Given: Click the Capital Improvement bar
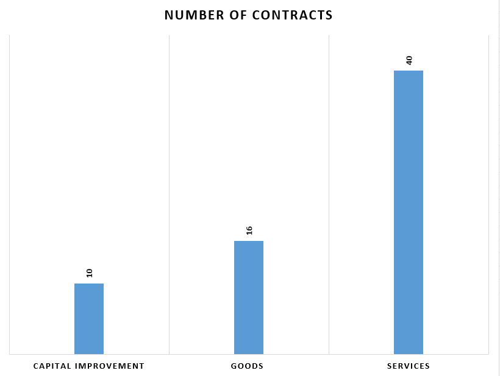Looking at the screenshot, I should [89, 318].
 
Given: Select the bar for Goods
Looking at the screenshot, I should [249, 297].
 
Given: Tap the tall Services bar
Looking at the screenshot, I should [409, 212].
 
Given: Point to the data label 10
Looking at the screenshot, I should [89, 273].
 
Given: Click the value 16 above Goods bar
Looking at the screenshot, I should [249, 230].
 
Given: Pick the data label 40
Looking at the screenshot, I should [409, 60].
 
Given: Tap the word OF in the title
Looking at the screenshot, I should [235, 15].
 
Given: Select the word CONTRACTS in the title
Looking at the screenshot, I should [293, 15].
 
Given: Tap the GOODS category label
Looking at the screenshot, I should [247, 366].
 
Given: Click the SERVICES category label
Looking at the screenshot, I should [409, 366].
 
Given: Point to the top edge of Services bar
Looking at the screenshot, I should [409, 71].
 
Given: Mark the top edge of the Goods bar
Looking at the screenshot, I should [249, 242].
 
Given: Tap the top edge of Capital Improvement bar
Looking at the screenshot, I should [89, 284].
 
